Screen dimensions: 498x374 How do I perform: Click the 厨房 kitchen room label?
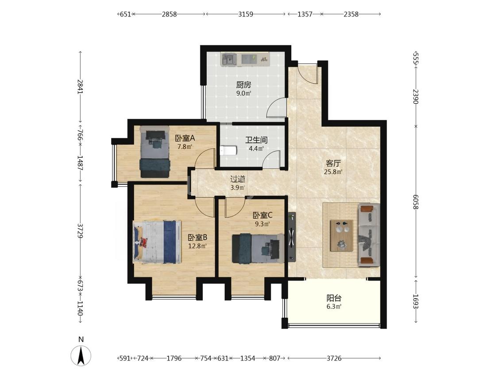tap(243, 85)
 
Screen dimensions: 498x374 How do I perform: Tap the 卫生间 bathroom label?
tap(256, 140)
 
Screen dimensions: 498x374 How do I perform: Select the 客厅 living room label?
tap(333, 164)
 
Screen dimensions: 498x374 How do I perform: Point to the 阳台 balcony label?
tap(334, 298)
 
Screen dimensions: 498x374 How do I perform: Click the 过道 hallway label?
tap(238, 179)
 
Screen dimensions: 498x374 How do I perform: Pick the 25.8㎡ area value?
tap(333, 172)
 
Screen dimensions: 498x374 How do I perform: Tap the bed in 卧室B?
tap(157, 242)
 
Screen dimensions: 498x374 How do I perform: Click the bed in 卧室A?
tap(154, 152)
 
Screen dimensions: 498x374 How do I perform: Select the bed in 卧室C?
tap(258, 249)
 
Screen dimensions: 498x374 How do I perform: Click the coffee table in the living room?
tap(342, 235)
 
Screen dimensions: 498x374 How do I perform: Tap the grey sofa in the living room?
tap(369, 235)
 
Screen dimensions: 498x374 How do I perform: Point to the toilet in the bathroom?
tap(228, 150)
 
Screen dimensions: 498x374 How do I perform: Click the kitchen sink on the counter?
tap(229, 59)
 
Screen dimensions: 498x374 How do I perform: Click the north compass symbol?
tap(81, 355)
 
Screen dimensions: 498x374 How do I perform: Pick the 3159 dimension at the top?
tap(246, 14)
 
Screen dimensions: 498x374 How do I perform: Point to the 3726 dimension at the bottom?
tap(334, 358)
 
